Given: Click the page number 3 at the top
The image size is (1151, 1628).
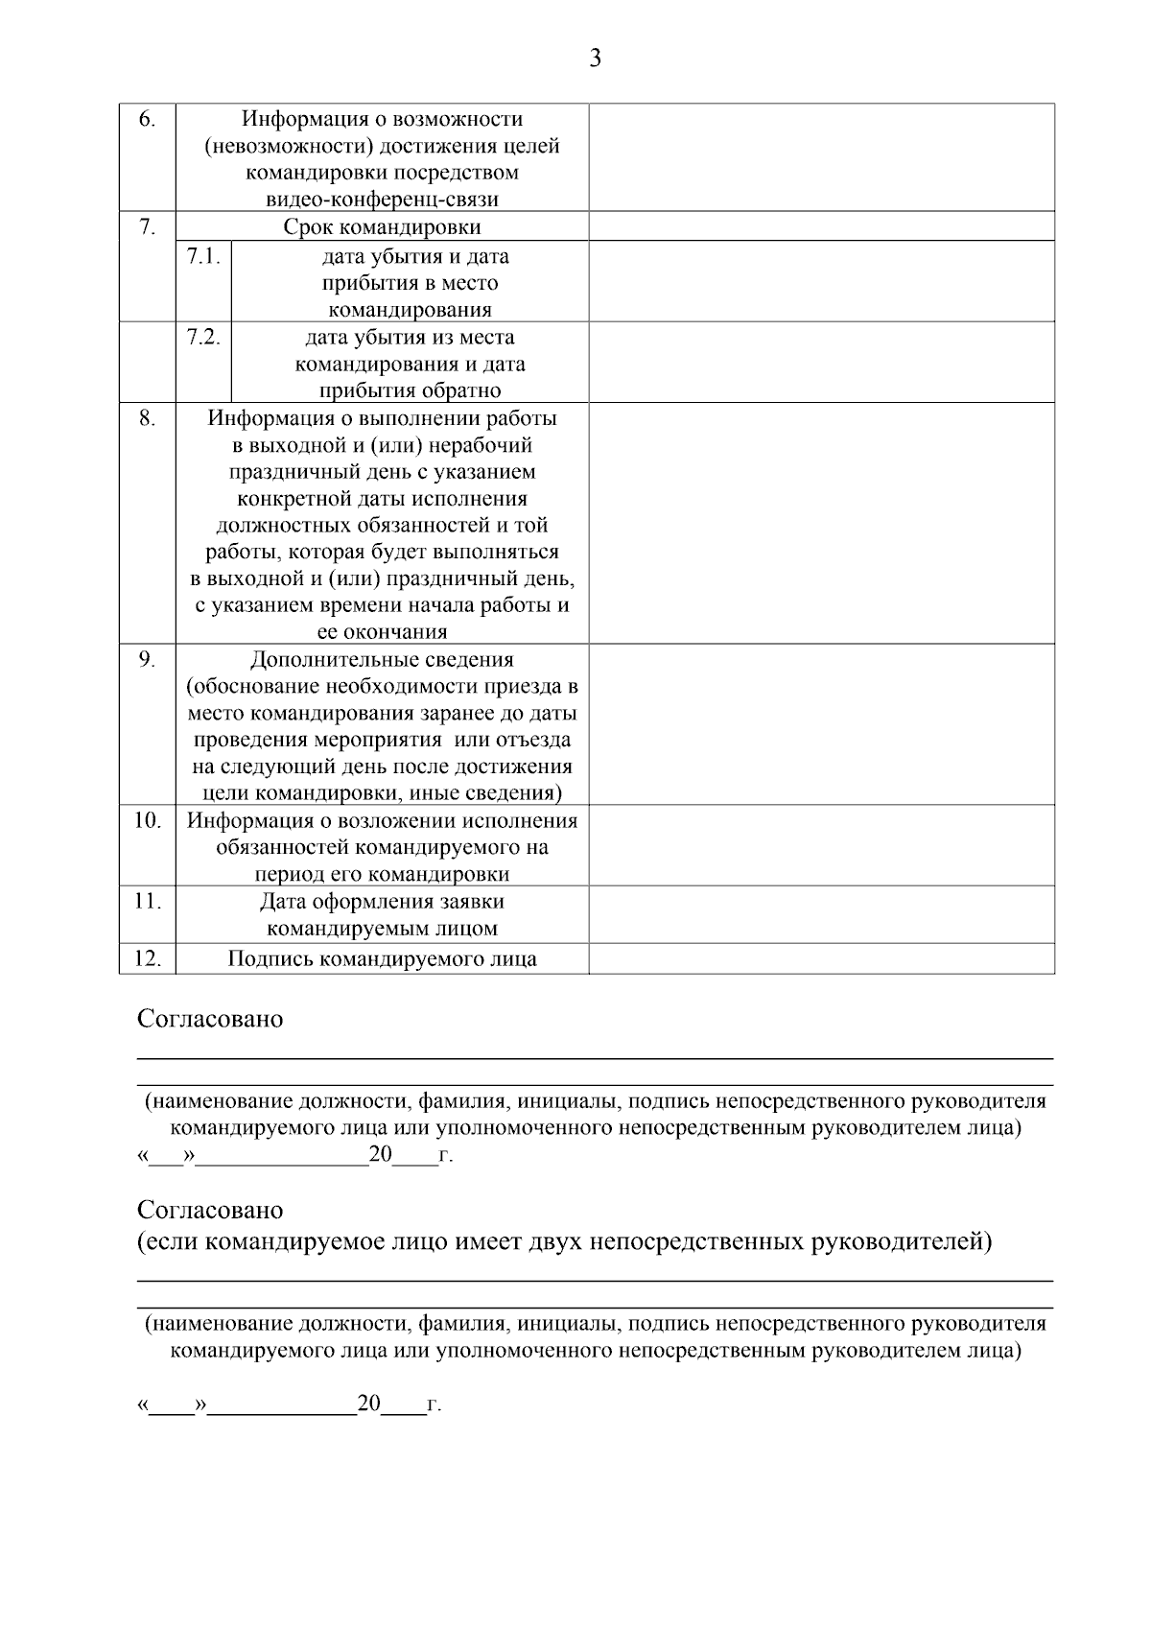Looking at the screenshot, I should [595, 59].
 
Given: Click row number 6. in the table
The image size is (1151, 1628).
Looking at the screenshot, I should [147, 119].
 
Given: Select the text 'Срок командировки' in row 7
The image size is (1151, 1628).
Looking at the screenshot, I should [382, 227].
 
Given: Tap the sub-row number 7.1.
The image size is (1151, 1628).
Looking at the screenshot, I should [203, 256].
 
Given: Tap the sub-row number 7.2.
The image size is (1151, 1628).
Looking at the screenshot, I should [203, 338].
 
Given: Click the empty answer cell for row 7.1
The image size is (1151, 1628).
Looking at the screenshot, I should [821, 281].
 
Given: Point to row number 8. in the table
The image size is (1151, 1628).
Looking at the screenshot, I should [147, 418].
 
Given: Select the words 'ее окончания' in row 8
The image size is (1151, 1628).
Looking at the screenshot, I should [382, 632].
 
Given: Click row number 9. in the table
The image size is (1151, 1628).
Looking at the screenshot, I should [147, 659].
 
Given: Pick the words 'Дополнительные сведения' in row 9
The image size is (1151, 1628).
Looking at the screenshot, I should [382, 660].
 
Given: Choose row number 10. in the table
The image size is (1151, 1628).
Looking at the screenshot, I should [147, 820].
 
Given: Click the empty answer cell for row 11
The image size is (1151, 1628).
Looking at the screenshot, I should [821, 914].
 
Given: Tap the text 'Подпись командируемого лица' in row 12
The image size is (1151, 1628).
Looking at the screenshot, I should [382, 959].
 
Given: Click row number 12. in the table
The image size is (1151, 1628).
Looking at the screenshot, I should [147, 958].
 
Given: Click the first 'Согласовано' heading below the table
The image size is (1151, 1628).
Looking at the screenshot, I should [210, 1019].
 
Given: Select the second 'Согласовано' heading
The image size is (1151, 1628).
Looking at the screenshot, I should [210, 1210].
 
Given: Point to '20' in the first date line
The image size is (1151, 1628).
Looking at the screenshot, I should [381, 1154].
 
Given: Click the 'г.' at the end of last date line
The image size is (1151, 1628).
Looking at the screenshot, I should [434, 1406].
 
